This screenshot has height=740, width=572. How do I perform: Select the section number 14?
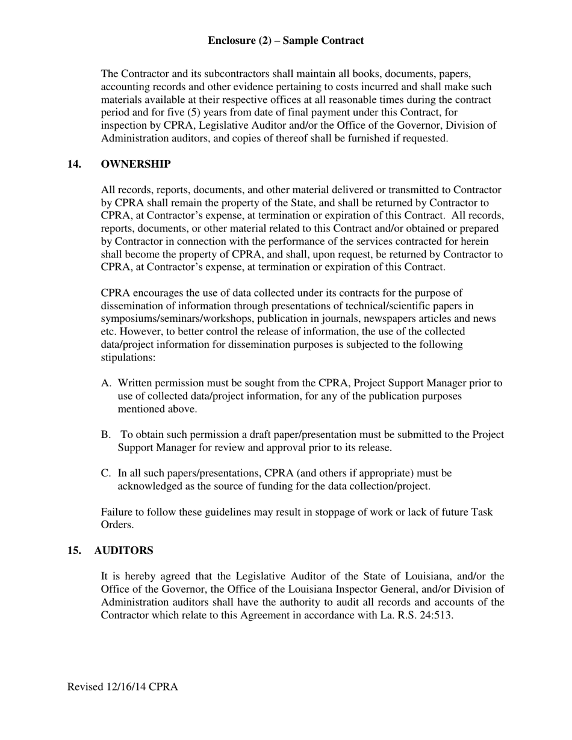(x=75, y=164)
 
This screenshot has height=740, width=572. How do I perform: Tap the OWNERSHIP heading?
(x=135, y=164)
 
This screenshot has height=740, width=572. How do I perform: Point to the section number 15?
(x=75, y=550)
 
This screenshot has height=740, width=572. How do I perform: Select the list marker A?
(x=106, y=383)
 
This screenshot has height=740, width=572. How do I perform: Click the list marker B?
(x=106, y=435)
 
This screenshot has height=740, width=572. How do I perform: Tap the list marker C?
(x=106, y=473)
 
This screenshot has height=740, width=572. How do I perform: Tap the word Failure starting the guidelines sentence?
(x=118, y=512)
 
